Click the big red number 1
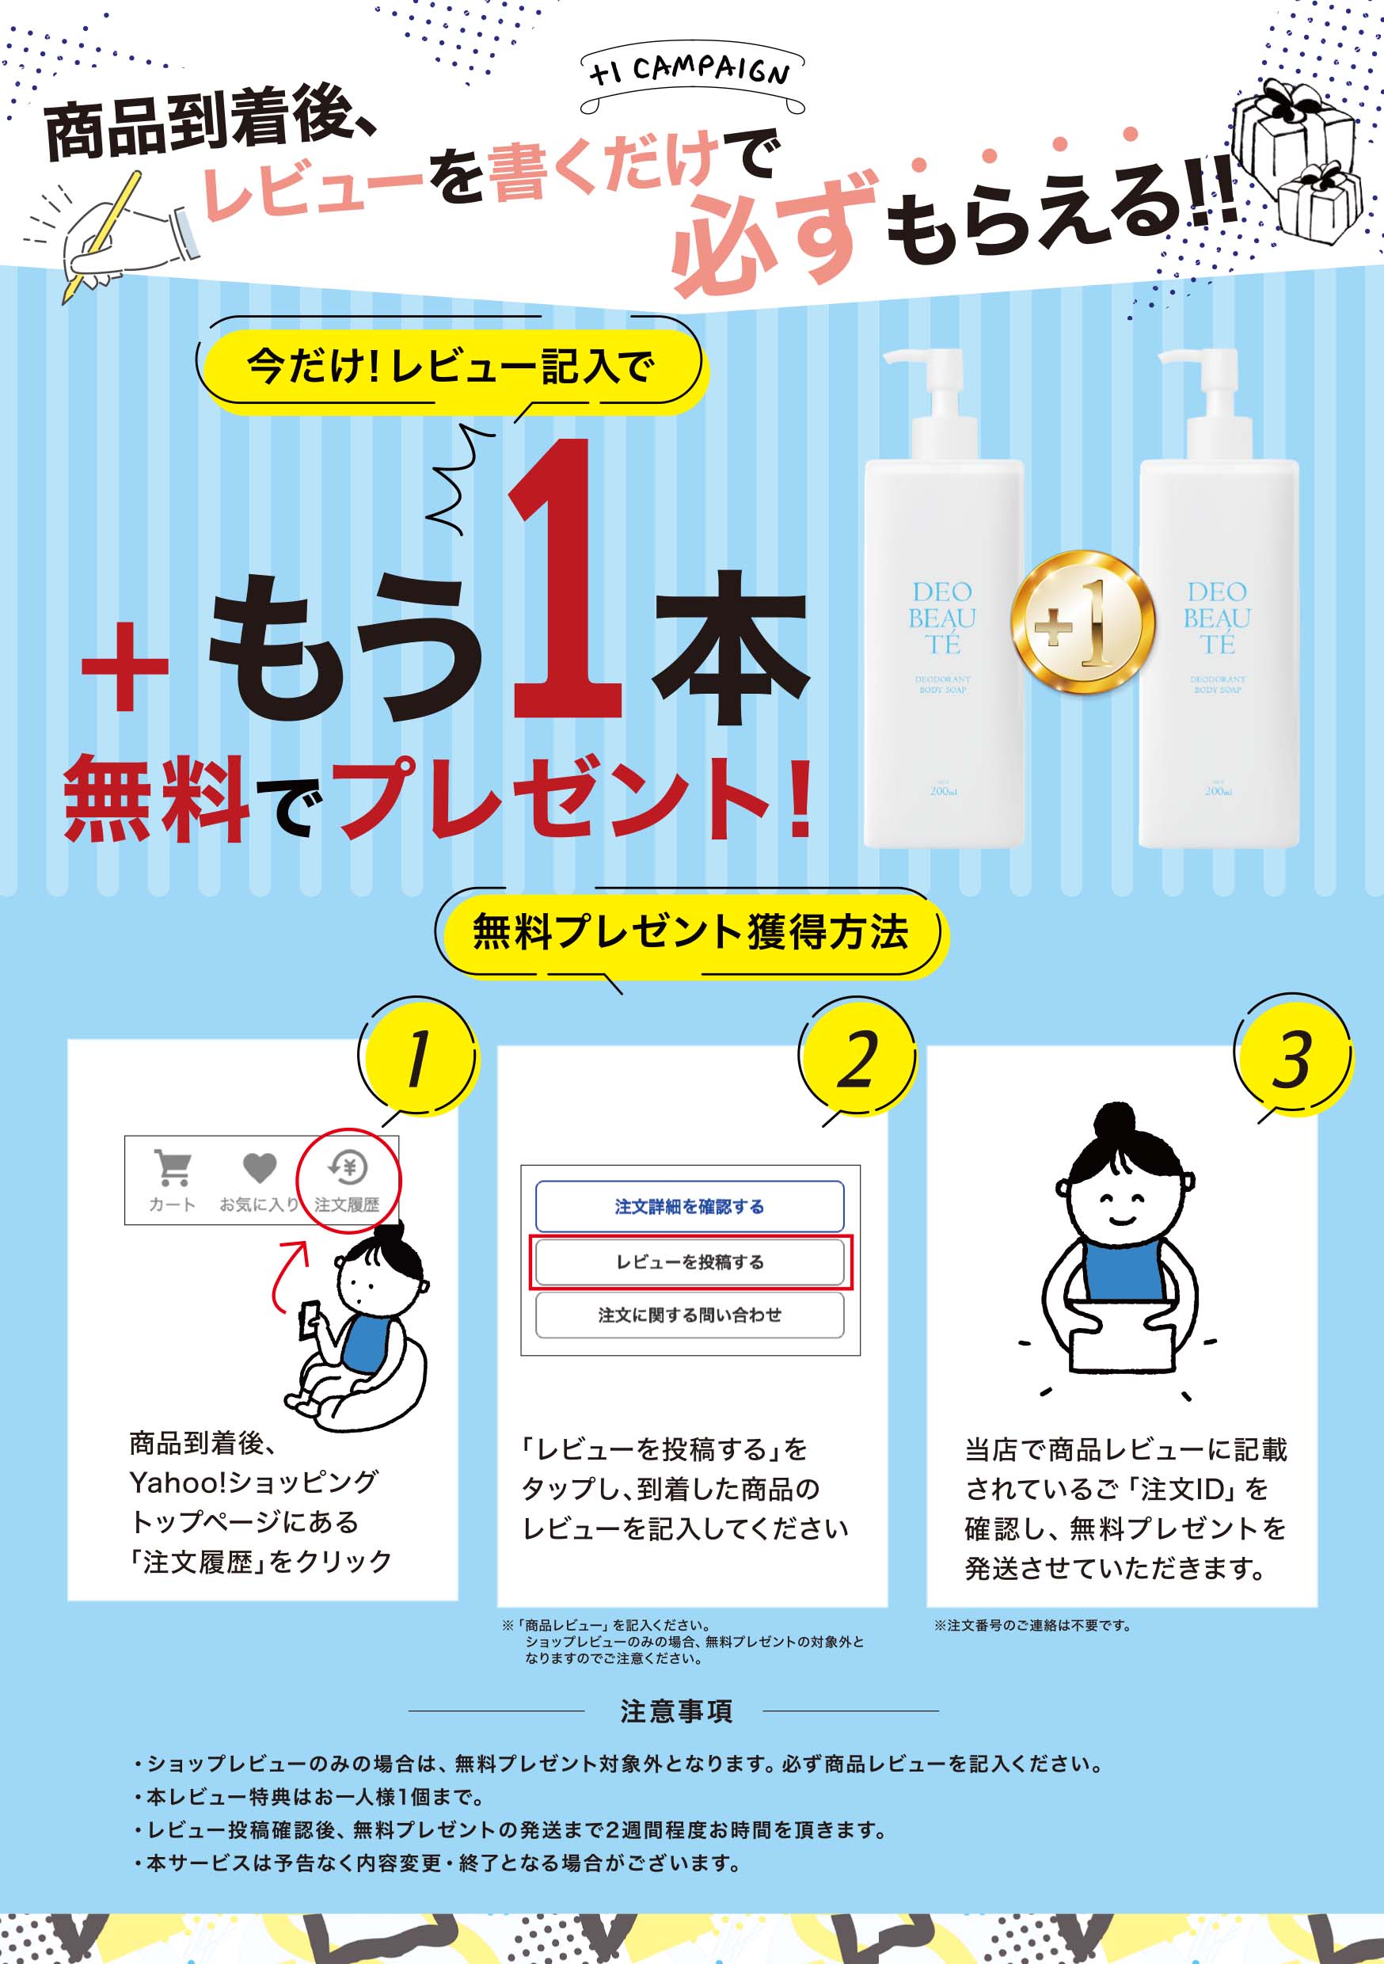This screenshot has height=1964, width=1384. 565,581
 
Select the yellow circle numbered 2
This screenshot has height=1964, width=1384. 857,1059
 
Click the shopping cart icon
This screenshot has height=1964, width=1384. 173,1167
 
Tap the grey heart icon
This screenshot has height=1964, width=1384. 259,1167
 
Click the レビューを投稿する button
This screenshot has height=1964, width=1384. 690,1262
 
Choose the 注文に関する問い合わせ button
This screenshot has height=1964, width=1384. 690,1315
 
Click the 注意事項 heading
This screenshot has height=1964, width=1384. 675,1711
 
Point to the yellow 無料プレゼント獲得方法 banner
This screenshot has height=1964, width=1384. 690,932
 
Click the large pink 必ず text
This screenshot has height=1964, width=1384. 774,235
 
